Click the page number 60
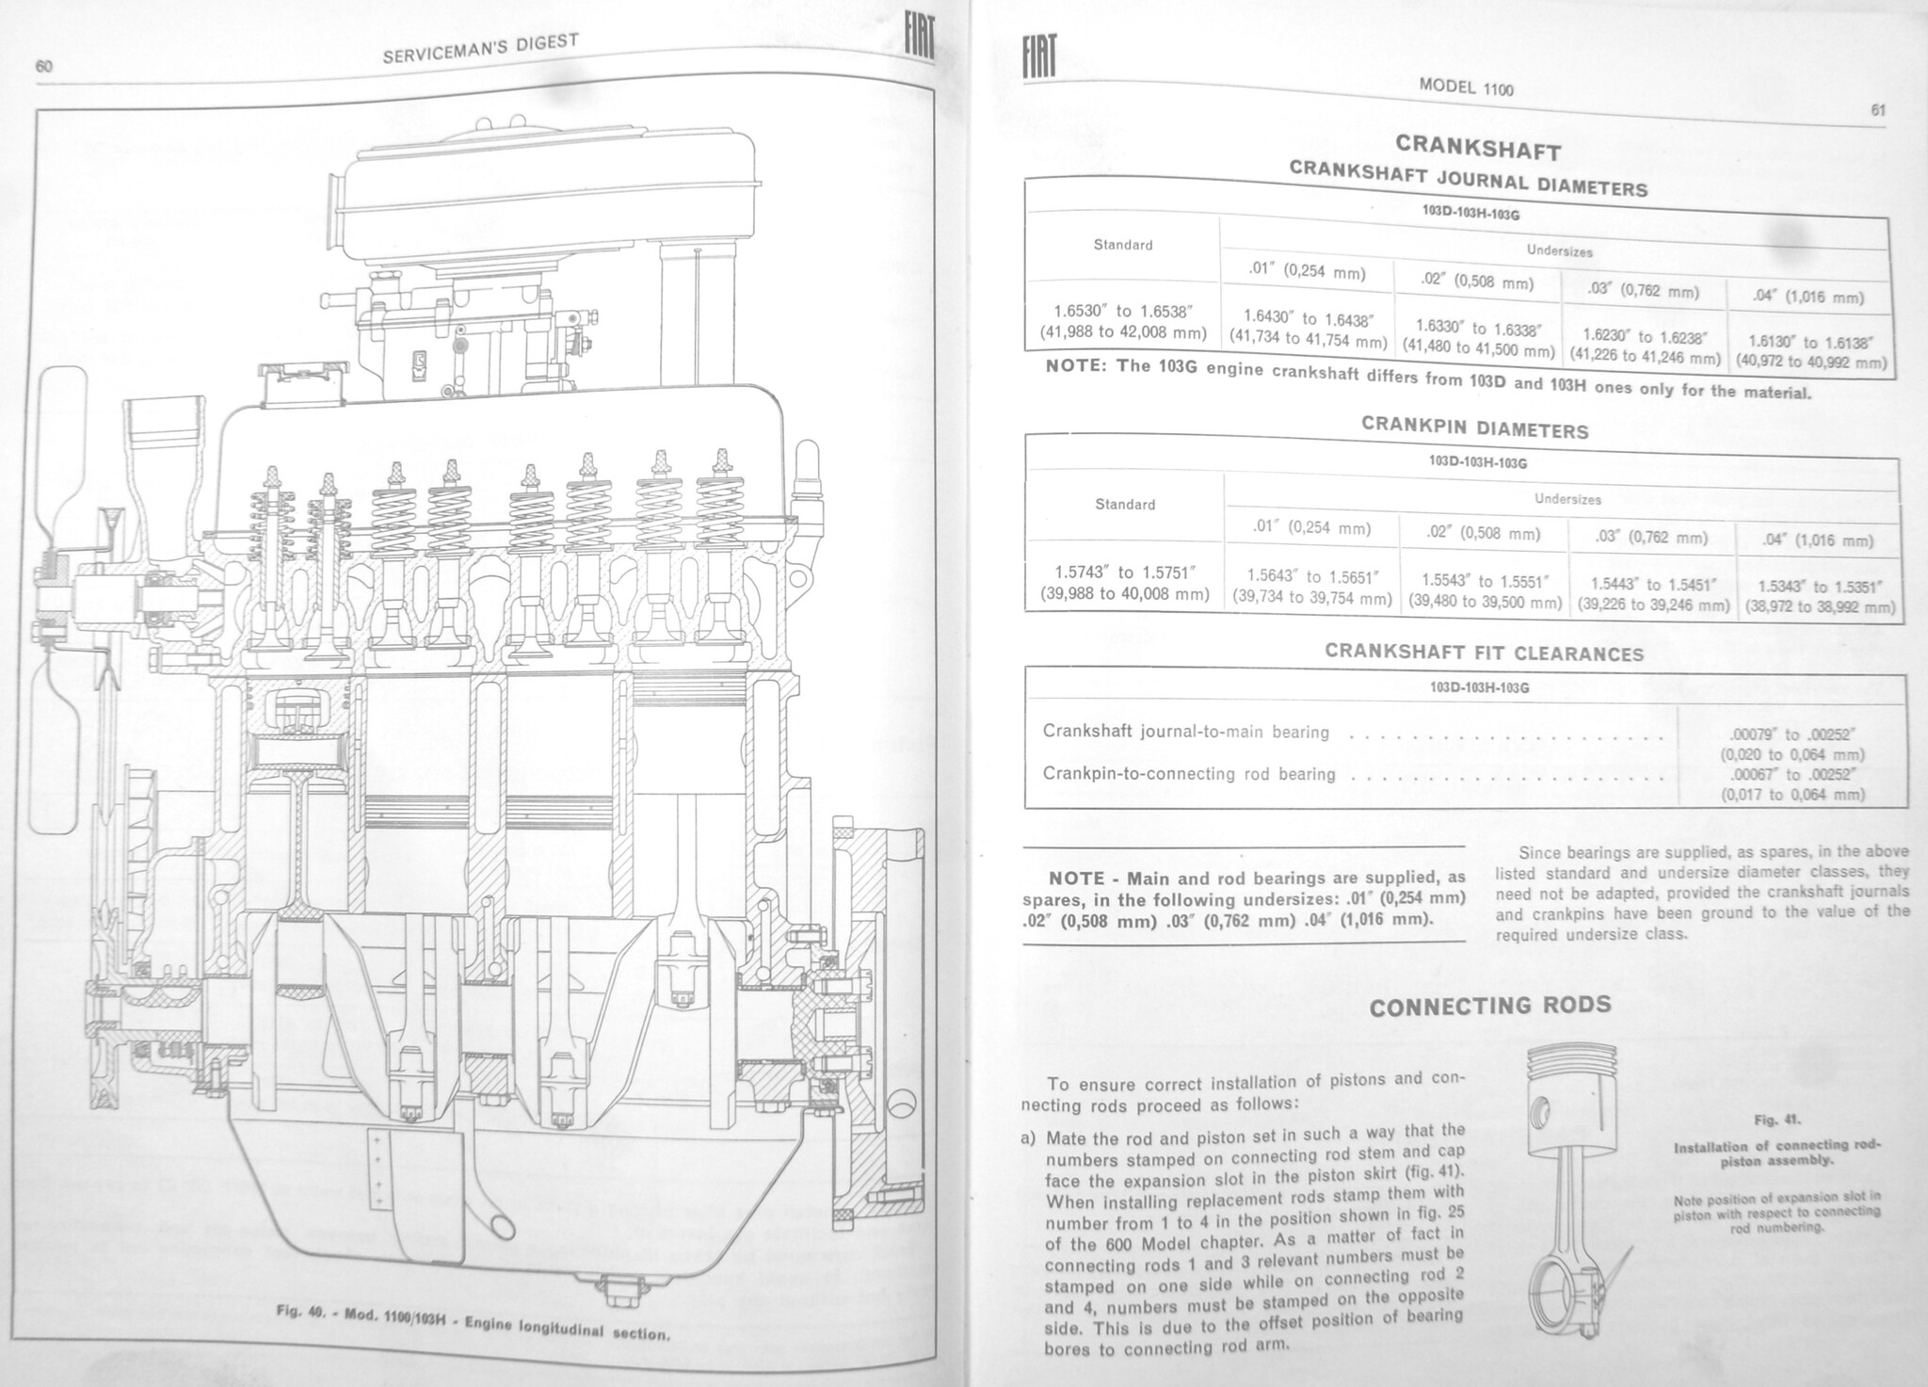[x=44, y=66]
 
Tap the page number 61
[x=1878, y=110]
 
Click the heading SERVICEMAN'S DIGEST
[x=480, y=48]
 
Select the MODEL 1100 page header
[x=1466, y=86]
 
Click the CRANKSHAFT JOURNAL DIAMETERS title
[x=1468, y=178]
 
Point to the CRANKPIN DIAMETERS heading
[x=1474, y=427]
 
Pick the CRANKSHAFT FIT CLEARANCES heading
[x=1484, y=652]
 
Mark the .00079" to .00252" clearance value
[x=1792, y=734]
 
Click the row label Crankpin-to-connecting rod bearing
[x=1188, y=773]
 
